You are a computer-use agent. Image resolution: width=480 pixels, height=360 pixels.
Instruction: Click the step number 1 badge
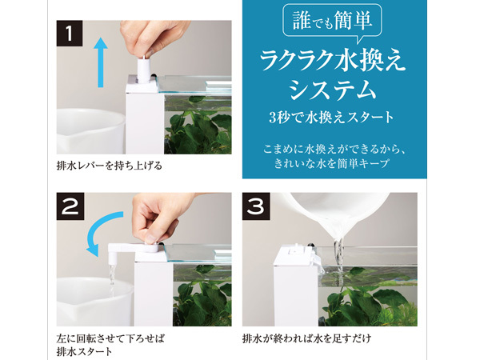(70, 34)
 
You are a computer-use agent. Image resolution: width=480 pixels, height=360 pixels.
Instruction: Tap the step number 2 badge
(70, 206)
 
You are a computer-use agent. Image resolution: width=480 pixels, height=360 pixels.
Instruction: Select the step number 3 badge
(256, 206)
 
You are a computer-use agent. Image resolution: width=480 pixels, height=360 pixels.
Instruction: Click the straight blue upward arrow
(101, 62)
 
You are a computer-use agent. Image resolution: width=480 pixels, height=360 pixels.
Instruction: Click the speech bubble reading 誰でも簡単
(332, 22)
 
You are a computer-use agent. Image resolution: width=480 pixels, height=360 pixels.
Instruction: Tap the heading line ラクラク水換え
(333, 62)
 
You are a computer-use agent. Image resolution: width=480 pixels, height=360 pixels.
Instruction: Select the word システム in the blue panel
(333, 89)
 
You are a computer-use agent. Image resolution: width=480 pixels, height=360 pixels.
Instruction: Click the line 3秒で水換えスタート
(331, 118)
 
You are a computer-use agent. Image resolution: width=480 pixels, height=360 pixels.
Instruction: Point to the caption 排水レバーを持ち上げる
(110, 166)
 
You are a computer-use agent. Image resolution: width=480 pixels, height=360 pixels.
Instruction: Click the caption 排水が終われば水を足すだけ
(306, 338)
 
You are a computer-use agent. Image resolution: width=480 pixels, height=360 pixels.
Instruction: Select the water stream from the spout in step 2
(112, 279)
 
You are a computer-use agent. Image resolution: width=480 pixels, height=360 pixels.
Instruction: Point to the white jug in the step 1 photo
(90, 131)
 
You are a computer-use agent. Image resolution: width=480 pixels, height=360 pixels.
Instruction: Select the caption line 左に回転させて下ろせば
(110, 338)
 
